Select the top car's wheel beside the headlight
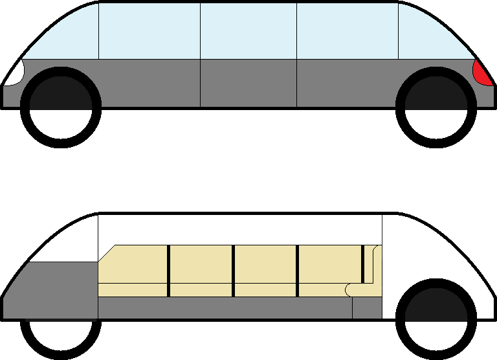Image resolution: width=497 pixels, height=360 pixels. [61, 107]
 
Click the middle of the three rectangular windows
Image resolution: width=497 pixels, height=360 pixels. [248, 31]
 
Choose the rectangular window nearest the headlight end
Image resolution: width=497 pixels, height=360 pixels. [149, 31]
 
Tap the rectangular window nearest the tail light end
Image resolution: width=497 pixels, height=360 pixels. [347, 31]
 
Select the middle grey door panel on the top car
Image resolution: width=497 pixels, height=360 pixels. [248, 83]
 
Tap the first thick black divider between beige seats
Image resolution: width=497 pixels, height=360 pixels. [168, 271]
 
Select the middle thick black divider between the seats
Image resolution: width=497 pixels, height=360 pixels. [233, 271]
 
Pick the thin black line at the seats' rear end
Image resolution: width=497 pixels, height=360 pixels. [364, 264]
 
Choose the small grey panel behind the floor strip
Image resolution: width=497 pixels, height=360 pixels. [367, 308]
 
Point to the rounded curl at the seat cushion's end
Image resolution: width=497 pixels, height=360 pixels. [350, 289]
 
